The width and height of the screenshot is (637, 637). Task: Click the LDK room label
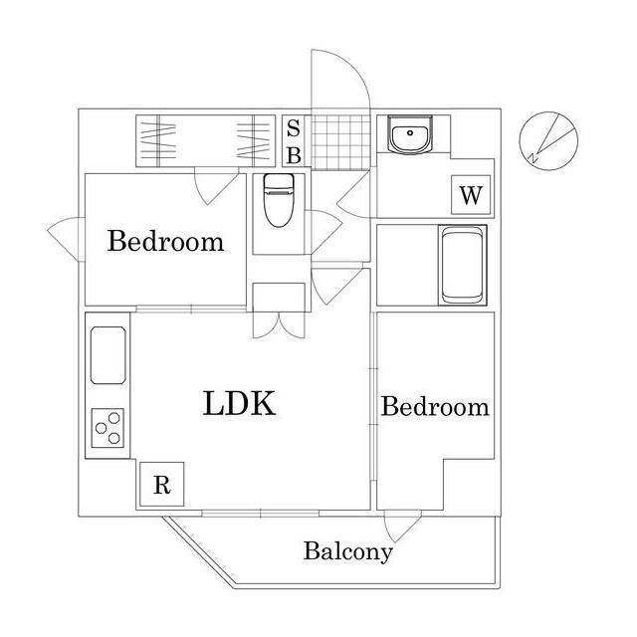coord(239,403)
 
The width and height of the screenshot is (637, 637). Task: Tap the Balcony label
coord(348,550)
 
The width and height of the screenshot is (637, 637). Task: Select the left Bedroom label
coord(165,241)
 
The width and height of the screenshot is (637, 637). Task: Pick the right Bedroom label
coord(435,406)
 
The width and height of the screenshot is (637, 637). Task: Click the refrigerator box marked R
coord(161,486)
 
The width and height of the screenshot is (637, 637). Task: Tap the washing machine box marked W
coord(471,195)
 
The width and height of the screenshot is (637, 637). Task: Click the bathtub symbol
coord(462,266)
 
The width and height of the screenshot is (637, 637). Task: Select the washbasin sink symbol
coord(408,136)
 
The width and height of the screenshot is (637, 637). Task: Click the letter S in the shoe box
coord(294,128)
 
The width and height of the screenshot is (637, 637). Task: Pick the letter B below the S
coord(294,155)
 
